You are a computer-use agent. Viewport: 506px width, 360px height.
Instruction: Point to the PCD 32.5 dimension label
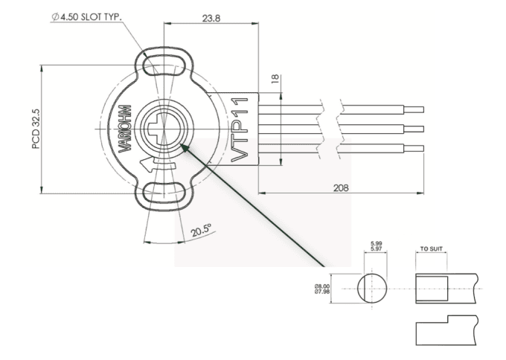coord(36,128)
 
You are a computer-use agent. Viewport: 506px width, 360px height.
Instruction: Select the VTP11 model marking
coord(239,128)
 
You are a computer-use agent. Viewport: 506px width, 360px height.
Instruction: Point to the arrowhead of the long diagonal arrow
coord(184,147)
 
